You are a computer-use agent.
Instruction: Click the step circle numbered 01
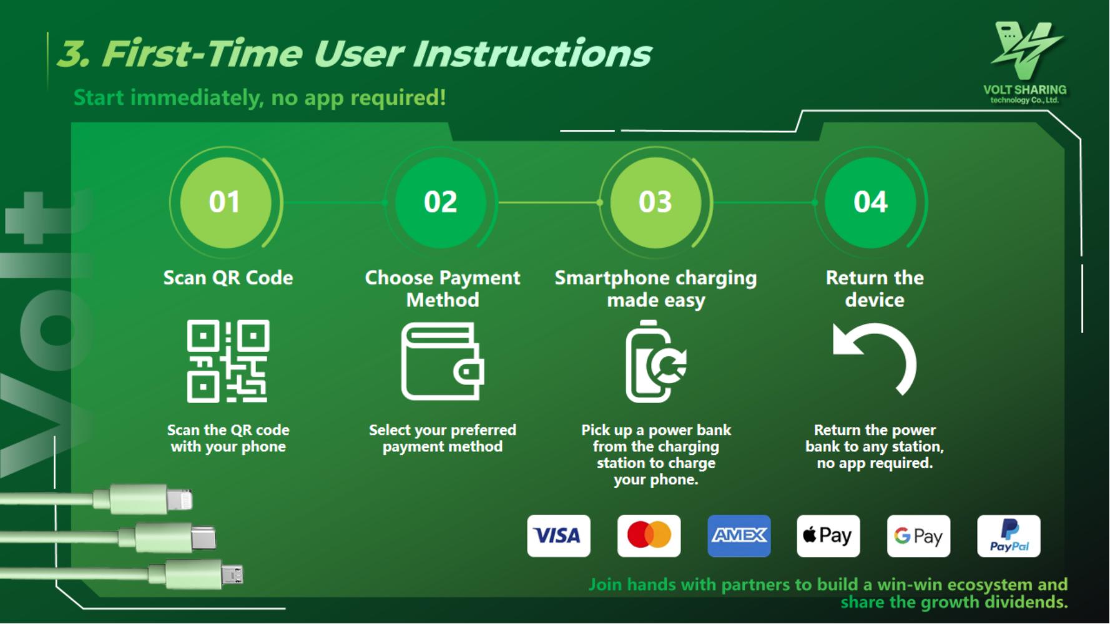[225, 202]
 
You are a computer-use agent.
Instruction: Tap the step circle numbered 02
[441, 202]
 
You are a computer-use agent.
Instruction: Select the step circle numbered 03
[656, 202]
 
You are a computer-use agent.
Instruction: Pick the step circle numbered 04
[871, 202]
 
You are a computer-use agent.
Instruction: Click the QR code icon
[228, 361]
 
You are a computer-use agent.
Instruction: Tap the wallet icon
[442, 361]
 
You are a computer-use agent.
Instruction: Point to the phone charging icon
[656, 361]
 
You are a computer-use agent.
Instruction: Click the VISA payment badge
[558, 535]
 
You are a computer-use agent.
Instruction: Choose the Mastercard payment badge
[649, 535]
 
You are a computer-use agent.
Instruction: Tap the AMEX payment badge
[739, 535]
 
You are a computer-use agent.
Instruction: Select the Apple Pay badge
[828, 535]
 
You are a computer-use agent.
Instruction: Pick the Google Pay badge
[918, 535]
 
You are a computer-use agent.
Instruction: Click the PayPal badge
[1009, 535]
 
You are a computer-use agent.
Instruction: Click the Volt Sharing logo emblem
[1025, 50]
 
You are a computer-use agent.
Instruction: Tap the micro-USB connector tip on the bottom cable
[232, 574]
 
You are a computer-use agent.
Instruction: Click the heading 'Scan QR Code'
[228, 278]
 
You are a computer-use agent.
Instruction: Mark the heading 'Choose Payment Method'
[442, 289]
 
